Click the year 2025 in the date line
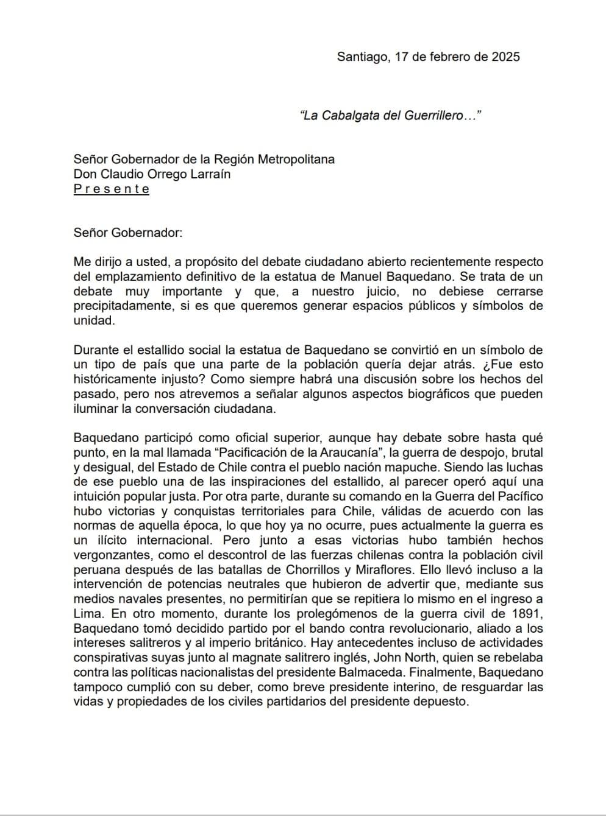pos(505,57)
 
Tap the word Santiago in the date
pos(362,57)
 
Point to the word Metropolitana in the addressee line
pos(296,160)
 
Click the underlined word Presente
pos(111,189)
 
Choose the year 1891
pos(529,614)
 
